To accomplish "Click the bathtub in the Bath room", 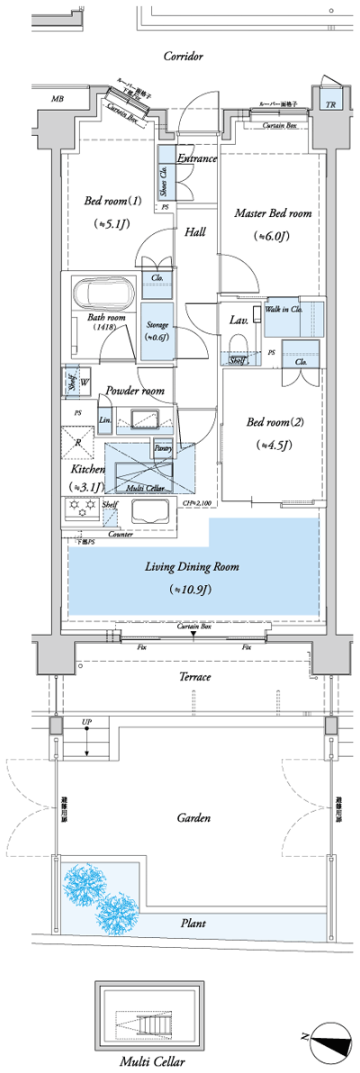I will [x=103, y=293].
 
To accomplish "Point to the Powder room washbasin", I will [x=146, y=419].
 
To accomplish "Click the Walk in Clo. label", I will [x=283, y=310].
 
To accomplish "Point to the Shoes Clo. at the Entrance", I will [x=165, y=183].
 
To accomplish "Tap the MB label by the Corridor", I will [x=58, y=99].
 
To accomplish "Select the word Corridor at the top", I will [x=183, y=56].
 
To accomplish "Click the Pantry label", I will [x=163, y=447].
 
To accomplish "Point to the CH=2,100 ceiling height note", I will [x=196, y=504].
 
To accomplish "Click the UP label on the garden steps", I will [x=86, y=722].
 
